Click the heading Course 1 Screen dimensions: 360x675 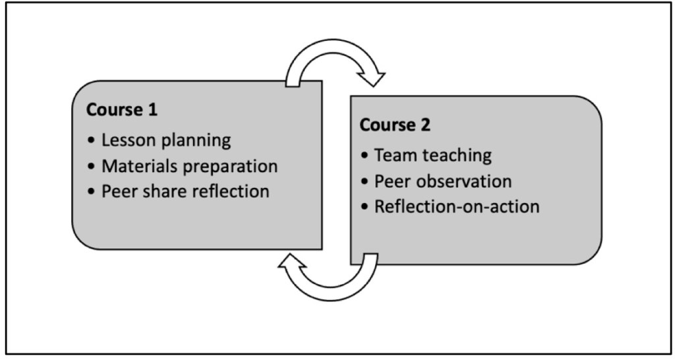click(x=122, y=109)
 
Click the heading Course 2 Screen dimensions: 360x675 click(x=395, y=125)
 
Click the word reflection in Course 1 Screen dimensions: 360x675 click(x=227, y=191)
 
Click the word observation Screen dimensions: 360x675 click(x=465, y=181)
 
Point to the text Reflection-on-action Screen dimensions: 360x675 click(x=457, y=206)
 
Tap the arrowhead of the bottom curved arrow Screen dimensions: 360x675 click(x=288, y=262)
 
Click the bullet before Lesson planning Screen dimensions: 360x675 click(x=91, y=140)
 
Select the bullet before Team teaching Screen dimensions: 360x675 click(x=365, y=156)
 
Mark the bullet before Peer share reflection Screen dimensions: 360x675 click(x=91, y=192)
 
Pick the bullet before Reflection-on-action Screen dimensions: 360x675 click(x=365, y=207)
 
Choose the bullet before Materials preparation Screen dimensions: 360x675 click(x=91, y=166)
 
